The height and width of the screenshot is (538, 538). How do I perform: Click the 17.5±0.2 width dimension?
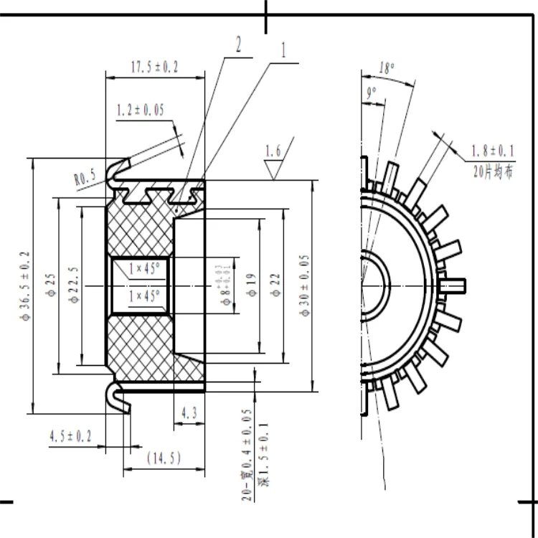[154, 67]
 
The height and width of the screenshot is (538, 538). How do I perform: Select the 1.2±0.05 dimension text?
[140, 110]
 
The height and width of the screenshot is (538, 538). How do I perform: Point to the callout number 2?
[237, 45]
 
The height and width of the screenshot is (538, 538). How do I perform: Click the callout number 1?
[283, 49]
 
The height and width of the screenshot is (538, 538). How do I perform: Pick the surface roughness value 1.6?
[273, 151]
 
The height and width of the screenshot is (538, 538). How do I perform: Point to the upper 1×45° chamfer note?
[144, 269]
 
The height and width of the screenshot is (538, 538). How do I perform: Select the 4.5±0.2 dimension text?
[70, 436]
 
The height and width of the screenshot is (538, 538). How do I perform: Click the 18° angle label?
[387, 68]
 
